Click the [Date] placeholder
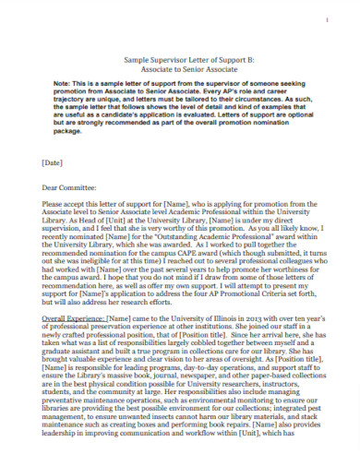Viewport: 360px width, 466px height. (x=53, y=162)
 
